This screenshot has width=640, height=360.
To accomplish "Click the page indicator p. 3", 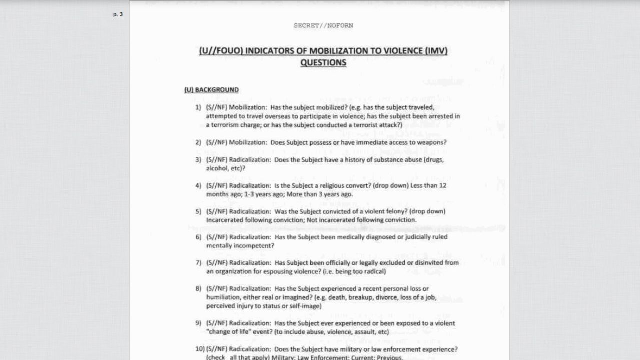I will click(118, 15).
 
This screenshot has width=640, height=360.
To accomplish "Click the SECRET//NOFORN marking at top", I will click(323, 26).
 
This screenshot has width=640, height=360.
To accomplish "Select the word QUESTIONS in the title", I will click(323, 63).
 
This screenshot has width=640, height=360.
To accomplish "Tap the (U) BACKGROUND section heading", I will click(211, 90).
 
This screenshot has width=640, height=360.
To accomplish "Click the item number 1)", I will click(198, 107).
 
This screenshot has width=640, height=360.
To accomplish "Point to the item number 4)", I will click(198, 185).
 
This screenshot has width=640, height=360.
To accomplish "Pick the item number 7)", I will click(198, 263).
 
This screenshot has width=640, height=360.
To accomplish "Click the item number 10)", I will click(200, 349).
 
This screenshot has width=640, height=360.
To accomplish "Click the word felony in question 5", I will click(388, 211).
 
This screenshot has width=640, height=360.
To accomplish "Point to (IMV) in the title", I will click(436, 51).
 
